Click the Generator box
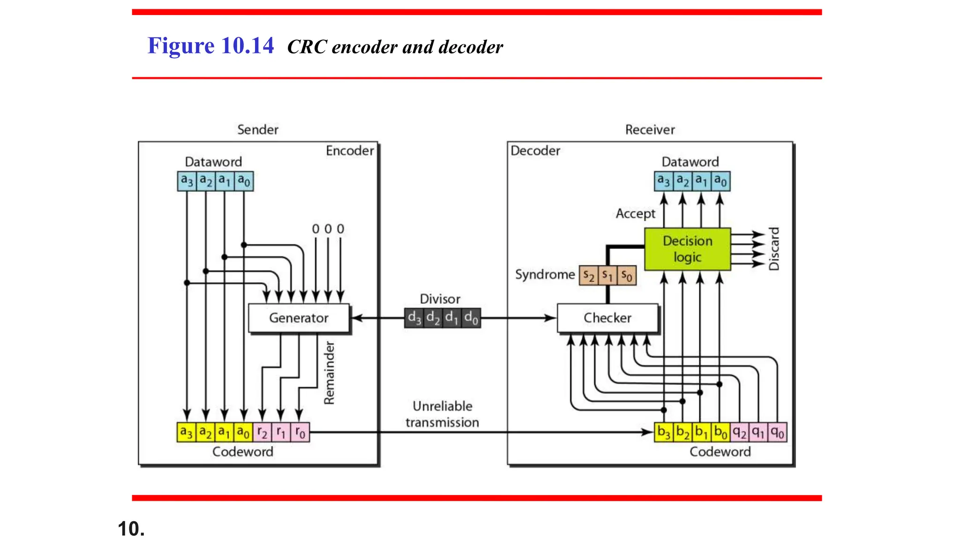pyautogui.click(x=299, y=318)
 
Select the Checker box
pyautogui.click(x=607, y=318)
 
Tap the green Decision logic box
pyautogui.click(x=687, y=249)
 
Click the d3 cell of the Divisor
pyautogui.click(x=414, y=318)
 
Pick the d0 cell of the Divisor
pyautogui.click(x=471, y=318)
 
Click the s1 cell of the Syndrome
pyautogui.click(x=607, y=276)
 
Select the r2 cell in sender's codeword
pyautogui.click(x=262, y=432)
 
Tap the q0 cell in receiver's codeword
pyautogui.click(x=777, y=432)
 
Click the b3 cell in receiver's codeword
pyautogui.click(x=664, y=432)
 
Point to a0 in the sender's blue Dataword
pyautogui.click(x=244, y=181)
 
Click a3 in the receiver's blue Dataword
pyautogui.click(x=663, y=181)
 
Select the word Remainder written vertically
pyautogui.click(x=330, y=373)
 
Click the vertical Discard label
pyautogui.click(x=774, y=249)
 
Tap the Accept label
pyautogui.click(x=635, y=214)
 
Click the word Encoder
pyautogui.click(x=350, y=151)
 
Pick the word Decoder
pyautogui.click(x=535, y=151)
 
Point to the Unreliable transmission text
pyautogui.click(x=442, y=414)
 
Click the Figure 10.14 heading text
pyautogui.click(x=210, y=46)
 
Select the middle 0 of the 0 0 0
pyautogui.click(x=328, y=229)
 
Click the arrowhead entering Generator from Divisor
pyautogui.click(x=356, y=318)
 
